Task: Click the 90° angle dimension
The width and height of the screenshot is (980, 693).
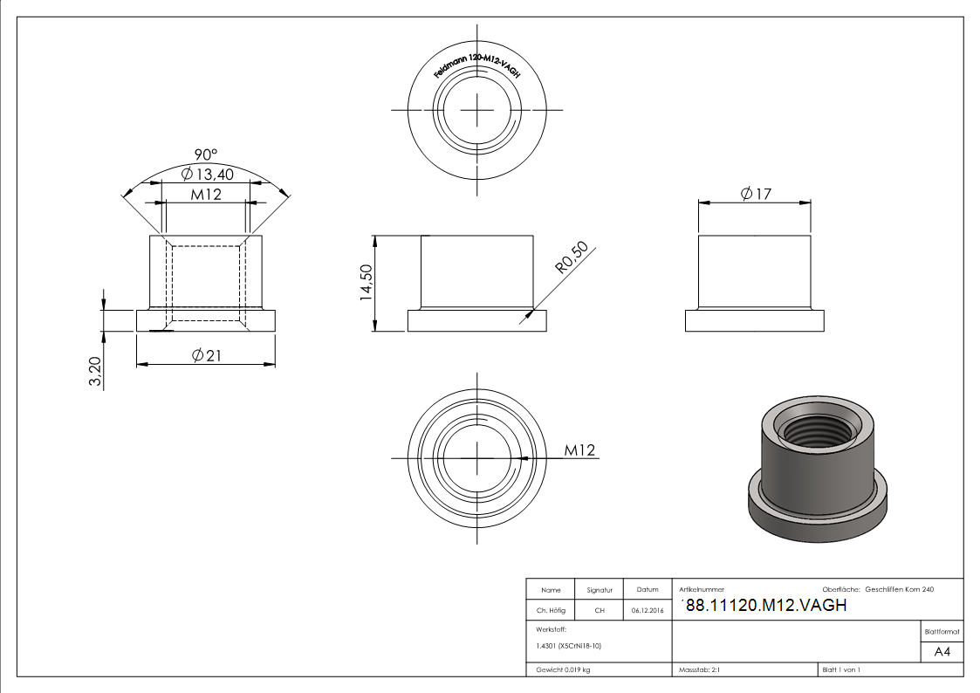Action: [x=206, y=154]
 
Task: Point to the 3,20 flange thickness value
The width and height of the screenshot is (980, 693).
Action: [x=96, y=371]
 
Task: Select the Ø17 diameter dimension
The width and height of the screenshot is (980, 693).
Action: [x=756, y=194]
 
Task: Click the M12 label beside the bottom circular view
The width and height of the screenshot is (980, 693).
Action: [x=579, y=450]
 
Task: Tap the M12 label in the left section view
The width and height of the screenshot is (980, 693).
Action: [x=206, y=194]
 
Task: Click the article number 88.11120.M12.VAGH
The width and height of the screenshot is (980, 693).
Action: [x=766, y=605]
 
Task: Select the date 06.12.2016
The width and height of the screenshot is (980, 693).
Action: [x=648, y=610]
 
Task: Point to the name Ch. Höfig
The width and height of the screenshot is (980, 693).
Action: [x=551, y=610]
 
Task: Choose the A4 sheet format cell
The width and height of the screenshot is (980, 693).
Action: [x=942, y=651]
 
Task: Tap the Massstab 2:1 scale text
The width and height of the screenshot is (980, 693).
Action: [x=699, y=669]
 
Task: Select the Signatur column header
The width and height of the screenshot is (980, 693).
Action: [x=600, y=590]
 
